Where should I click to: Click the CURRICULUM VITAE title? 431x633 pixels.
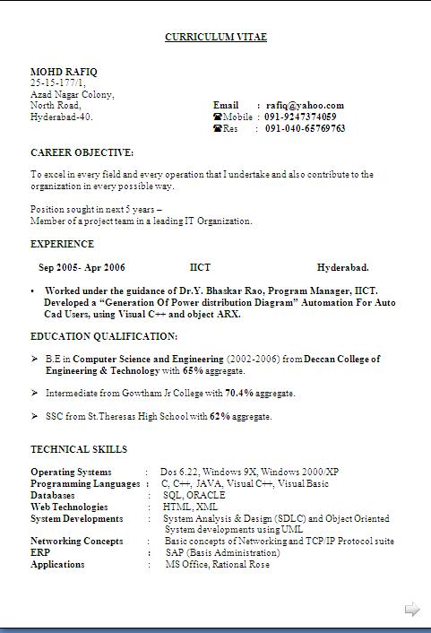point(216,37)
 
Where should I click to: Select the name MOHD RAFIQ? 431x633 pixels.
point(65,71)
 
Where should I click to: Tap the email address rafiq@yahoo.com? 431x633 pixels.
point(305,105)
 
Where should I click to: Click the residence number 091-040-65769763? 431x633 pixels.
point(305,128)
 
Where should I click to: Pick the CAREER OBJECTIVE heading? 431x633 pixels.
point(82,152)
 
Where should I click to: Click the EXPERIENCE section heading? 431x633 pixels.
point(62,244)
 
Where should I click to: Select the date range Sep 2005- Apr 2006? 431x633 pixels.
point(82,267)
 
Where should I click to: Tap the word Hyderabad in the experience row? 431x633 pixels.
point(342,267)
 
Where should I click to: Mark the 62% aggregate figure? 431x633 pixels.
point(220,416)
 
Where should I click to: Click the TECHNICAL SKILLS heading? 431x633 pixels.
point(79,449)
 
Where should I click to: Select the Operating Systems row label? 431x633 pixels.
point(71,472)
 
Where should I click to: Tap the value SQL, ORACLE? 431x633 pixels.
point(194,495)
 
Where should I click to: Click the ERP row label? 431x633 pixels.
point(39,553)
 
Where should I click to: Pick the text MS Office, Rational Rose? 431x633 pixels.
point(217,565)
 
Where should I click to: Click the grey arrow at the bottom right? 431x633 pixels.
point(412,610)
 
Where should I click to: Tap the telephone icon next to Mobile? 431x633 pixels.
point(217,117)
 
